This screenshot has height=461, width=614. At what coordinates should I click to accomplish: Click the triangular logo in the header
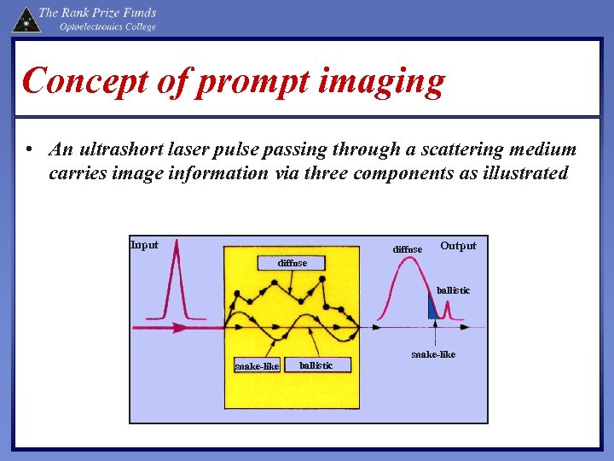[x=26, y=18]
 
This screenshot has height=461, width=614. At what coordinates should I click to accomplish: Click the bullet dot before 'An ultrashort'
[x=29, y=150]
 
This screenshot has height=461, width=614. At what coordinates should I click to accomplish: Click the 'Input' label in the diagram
[x=144, y=245]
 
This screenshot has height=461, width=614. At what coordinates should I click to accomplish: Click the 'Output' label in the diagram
[x=458, y=246]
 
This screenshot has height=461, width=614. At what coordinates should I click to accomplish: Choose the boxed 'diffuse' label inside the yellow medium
[x=293, y=263]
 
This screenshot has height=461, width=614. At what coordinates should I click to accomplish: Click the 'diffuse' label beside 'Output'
[x=407, y=249]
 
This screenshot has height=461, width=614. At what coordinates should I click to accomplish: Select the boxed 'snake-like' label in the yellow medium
[x=257, y=366]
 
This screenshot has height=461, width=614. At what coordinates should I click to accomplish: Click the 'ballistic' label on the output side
[x=453, y=290]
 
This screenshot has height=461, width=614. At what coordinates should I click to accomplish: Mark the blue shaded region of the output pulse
[x=433, y=309]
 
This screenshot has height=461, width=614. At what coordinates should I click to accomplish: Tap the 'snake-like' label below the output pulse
[x=433, y=353]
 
